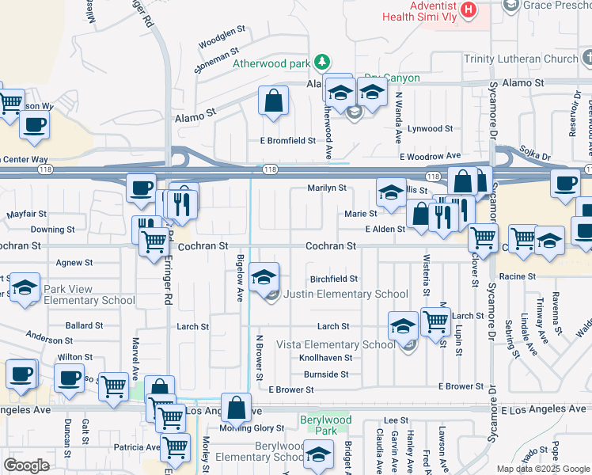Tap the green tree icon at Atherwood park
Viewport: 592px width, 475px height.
[322, 61]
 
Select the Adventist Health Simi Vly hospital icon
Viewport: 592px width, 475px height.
[469, 10]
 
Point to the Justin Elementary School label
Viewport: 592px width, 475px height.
[346, 294]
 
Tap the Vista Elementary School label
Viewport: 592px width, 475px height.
[335, 344]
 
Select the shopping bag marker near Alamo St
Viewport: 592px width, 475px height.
[273, 102]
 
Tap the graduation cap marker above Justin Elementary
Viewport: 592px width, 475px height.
[264, 277]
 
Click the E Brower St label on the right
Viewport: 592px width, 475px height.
[461, 387]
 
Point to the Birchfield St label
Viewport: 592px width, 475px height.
[334, 279]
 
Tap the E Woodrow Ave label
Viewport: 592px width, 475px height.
[430, 157]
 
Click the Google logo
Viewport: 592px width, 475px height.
[26, 465]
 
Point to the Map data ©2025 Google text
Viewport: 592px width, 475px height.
[543, 469]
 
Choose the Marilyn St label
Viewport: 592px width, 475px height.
[327, 188]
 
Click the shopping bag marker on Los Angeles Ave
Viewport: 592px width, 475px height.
[237, 408]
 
